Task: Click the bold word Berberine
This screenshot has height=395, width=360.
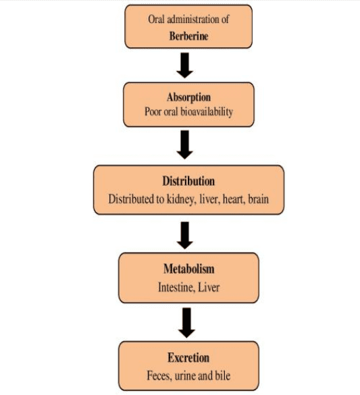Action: (188, 36)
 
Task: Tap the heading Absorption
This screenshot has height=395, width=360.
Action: (188, 97)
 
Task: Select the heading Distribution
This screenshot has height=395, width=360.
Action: (188, 181)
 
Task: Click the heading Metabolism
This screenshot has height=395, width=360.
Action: (189, 269)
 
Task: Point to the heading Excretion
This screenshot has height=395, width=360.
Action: (188, 358)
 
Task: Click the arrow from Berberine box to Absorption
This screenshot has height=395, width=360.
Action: (184, 65)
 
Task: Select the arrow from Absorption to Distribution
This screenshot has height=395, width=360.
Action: (184, 144)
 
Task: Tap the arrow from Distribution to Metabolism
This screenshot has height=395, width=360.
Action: (185, 235)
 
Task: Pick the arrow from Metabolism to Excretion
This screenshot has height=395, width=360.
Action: (186, 323)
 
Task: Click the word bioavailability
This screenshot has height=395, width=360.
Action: (207, 112)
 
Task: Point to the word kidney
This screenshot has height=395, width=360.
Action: (180, 199)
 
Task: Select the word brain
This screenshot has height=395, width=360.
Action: (259, 199)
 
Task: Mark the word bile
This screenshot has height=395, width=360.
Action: (223, 375)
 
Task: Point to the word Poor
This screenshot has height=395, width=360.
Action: (153, 112)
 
